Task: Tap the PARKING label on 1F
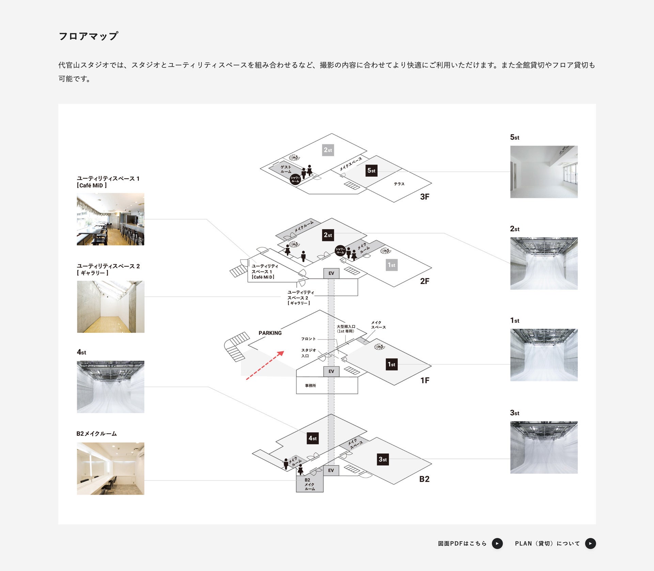pos(270,333)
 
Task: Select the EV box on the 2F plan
pos(331,273)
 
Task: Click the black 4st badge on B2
pos(312,438)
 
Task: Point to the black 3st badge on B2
pos(383,460)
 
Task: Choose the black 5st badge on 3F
pos(371,171)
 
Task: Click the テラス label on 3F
pos(399,184)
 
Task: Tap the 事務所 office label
pos(310,386)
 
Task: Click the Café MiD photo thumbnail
pos(110,219)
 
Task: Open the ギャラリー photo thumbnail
pos(110,307)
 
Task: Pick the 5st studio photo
pos(544,172)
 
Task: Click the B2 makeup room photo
pos(110,469)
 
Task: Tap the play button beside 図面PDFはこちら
pos(497,543)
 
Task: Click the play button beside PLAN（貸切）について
pos(590,543)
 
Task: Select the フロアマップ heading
pos(88,36)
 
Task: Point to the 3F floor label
pos(424,197)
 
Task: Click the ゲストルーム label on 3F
pos(285,169)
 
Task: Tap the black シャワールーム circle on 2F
pos(340,251)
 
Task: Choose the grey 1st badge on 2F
pos(391,265)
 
